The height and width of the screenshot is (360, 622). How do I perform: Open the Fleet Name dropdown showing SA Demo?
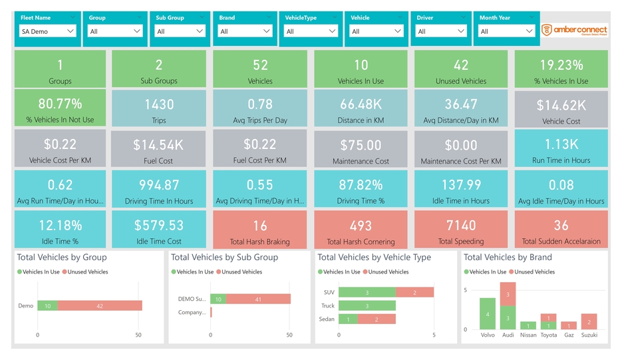point(48,31)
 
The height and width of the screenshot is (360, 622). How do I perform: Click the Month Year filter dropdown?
point(507,31)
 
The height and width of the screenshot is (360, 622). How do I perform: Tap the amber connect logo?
point(574,30)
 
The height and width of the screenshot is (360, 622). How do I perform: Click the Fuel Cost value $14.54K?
point(158,145)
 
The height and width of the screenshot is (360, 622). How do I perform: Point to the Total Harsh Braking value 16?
point(260,226)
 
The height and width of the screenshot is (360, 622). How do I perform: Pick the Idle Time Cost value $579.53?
point(158,226)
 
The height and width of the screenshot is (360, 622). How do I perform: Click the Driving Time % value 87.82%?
point(361,185)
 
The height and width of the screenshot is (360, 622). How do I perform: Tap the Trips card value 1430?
point(158,104)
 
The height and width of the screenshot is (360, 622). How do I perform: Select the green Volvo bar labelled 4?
point(488,314)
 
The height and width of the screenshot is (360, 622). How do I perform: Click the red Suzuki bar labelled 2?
point(589,322)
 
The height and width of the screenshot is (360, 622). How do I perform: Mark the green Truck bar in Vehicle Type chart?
point(367,305)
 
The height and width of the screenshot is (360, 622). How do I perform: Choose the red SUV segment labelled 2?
point(414,292)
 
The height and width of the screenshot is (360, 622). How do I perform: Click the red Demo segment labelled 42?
point(100,305)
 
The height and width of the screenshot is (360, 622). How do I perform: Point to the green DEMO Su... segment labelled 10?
point(220,299)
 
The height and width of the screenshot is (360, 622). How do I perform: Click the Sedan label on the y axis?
point(327,319)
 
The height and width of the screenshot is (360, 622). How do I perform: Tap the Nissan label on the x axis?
point(528,335)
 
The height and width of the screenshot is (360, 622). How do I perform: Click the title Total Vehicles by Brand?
point(507,258)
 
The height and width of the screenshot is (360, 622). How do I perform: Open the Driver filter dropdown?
point(441,31)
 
